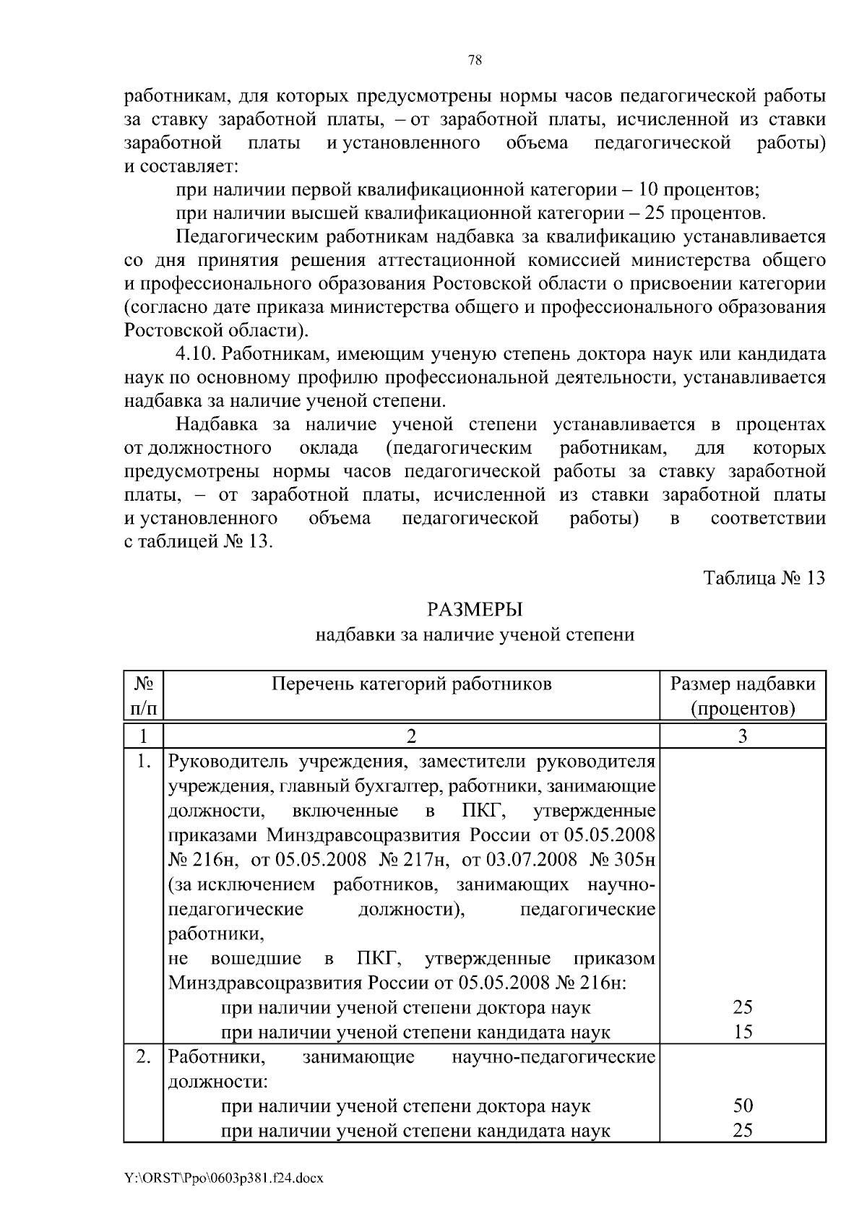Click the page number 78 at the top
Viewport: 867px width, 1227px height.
pos(475,61)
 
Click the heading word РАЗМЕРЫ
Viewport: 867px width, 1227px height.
pos(475,611)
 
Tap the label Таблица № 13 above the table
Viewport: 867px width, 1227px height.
pos(764,579)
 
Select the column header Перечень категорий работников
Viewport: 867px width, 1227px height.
pos(411,684)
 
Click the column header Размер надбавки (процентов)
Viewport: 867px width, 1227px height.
pos(743,695)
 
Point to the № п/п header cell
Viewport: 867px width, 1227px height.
pos(143,695)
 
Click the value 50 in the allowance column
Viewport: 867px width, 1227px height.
pos(743,1106)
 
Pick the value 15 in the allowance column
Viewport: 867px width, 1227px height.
pos(743,1032)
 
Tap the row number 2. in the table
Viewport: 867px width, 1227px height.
pos(143,1057)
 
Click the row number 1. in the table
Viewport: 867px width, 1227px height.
pos(143,761)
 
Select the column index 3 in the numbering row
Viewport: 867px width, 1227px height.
pos(743,736)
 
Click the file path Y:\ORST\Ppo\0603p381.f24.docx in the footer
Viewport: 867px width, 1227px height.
pos(224,1179)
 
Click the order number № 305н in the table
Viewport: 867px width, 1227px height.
pos(622,860)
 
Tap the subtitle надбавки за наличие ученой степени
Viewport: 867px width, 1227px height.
pos(475,635)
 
